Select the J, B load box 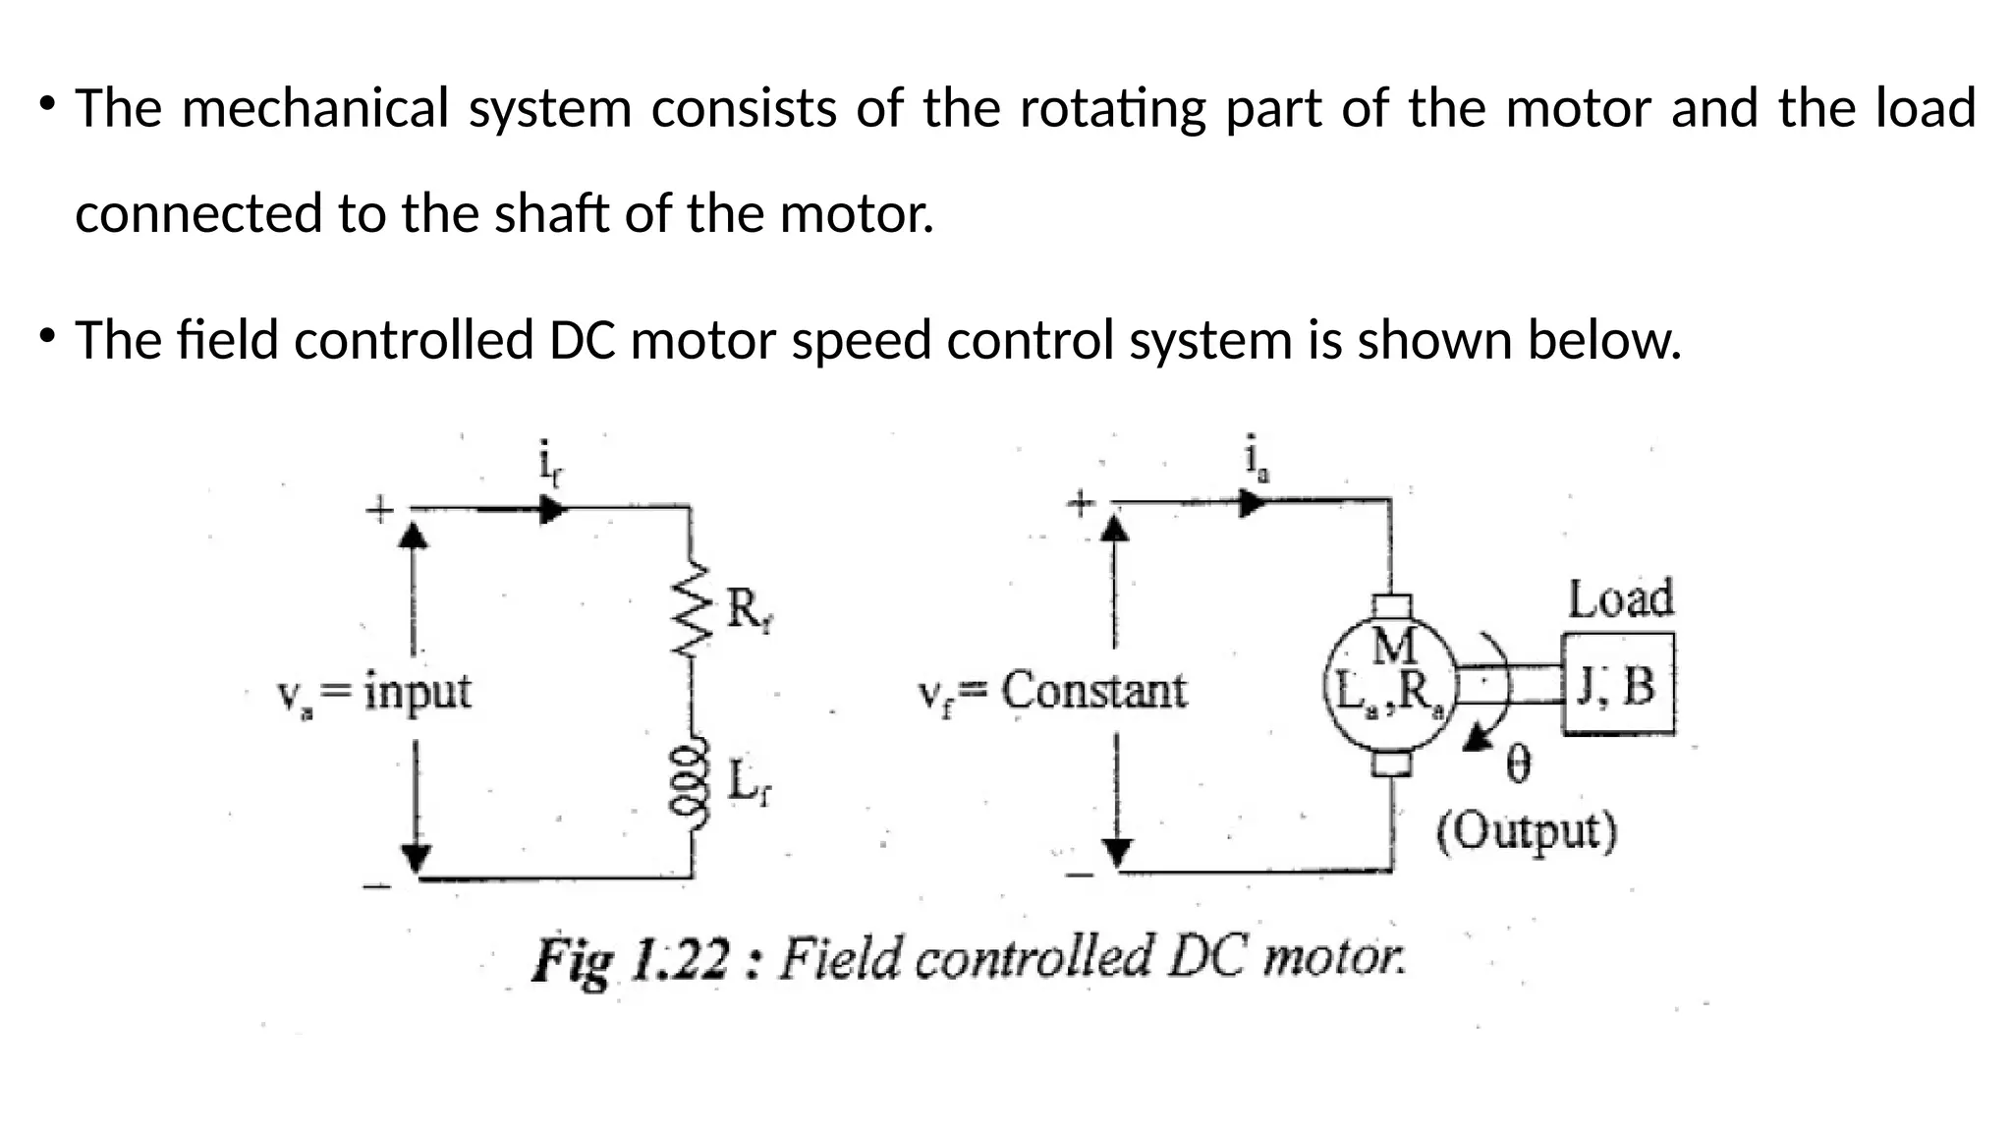point(1618,685)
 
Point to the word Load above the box point(1620,598)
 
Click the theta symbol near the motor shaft point(1518,764)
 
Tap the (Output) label point(1526,831)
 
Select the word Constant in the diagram point(1093,690)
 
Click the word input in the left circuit point(418,692)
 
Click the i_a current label point(1255,459)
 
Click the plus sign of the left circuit point(379,509)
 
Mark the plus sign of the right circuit point(1081,504)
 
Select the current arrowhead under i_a point(1252,503)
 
